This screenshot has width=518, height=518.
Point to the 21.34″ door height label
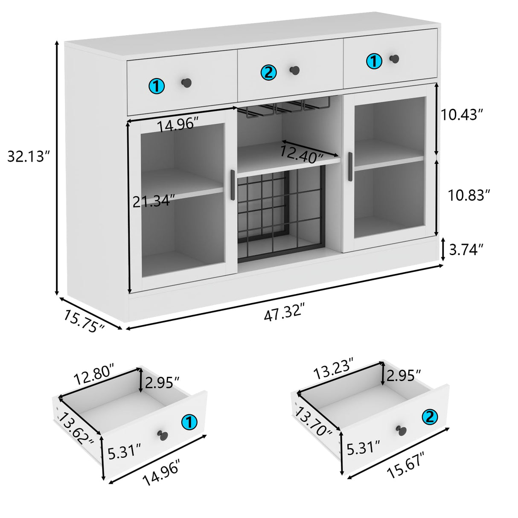tap(154, 201)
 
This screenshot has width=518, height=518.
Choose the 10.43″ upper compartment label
tap(462, 114)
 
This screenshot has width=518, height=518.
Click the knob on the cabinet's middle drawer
tap(294, 70)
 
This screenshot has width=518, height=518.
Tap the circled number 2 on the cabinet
tap(268, 73)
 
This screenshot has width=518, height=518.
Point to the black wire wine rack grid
tap(279, 215)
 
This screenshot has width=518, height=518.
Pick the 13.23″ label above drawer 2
tap(334, 369)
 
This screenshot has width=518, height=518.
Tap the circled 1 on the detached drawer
tap(189, 422)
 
